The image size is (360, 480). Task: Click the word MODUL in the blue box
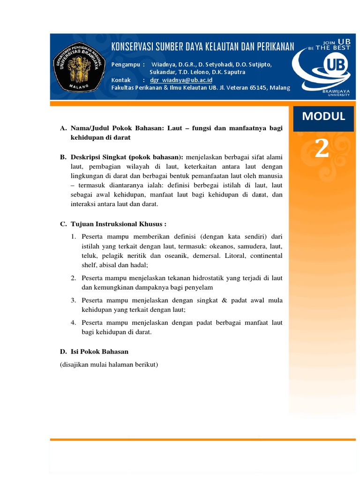pos(323,116)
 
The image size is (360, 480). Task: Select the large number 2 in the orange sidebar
pos(322,149)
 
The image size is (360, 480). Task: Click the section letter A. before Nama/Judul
pos(63,128)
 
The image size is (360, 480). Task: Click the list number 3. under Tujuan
pos(74,300)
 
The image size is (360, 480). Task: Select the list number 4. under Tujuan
pos(74,323)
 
